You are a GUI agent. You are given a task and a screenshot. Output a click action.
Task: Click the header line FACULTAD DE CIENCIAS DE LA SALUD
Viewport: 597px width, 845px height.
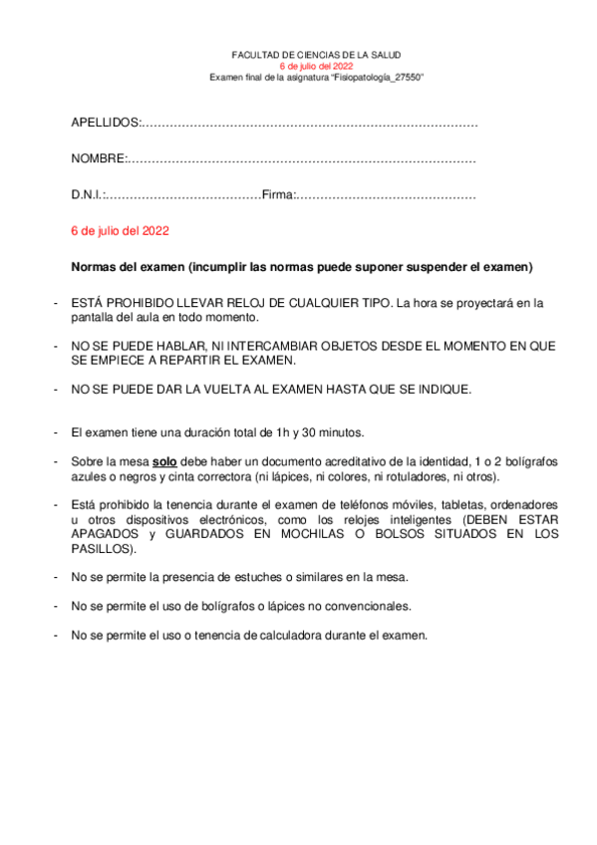[x=316, y=56]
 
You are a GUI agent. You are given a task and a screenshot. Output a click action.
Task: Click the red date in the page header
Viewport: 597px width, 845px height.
[x=316, y=67]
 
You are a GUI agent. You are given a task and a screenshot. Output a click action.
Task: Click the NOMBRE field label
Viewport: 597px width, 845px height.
[x=98, y=159]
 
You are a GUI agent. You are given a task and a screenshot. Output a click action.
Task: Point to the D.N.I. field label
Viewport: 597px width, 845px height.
[x=88, y=196]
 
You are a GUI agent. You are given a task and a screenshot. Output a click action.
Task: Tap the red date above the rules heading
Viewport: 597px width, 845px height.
[x=120, y=231]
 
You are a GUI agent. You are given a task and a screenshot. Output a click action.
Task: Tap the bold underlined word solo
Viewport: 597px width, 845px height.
[x=164, y=462]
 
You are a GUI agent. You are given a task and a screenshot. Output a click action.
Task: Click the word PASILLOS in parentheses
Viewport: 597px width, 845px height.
[x=102, y=548]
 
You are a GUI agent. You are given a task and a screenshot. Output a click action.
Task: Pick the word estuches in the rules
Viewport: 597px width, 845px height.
[x=260, y=577]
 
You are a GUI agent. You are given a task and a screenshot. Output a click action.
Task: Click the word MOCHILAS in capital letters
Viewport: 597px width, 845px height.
[x=331, y=534]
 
